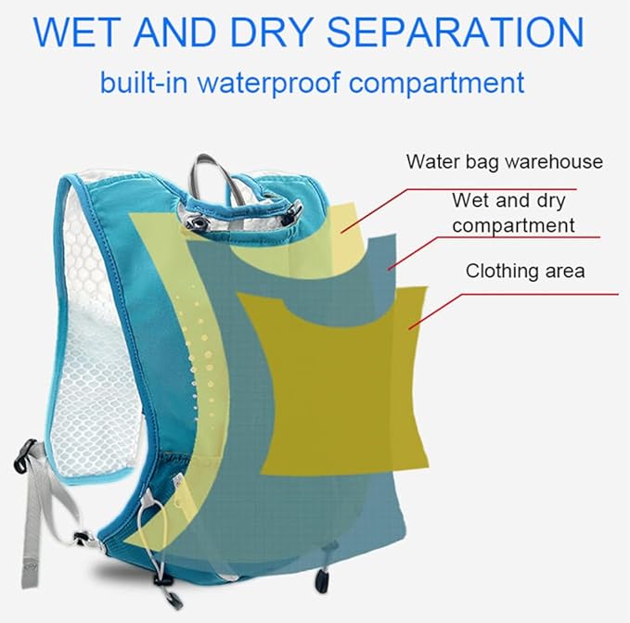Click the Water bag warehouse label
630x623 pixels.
505,161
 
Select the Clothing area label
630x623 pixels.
525,271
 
